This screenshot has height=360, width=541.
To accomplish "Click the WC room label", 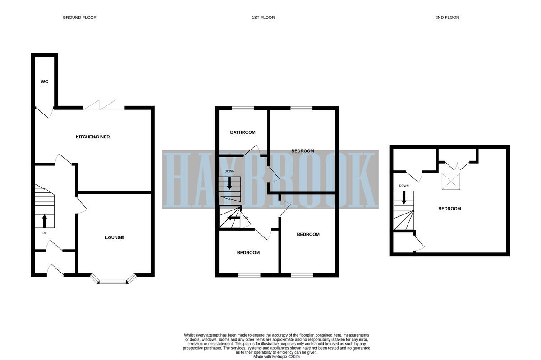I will tap(44, 82).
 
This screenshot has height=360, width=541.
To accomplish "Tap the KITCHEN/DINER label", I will tap(93, 137).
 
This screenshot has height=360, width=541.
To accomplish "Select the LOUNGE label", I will tap(115, 237).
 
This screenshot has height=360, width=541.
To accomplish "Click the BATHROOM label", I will tap(243, 132).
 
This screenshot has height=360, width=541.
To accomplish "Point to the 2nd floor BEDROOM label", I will tap(449, 209).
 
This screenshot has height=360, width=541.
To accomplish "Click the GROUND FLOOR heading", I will tap(79, 18).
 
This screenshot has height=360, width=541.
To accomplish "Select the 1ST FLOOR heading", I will tap(263, 18).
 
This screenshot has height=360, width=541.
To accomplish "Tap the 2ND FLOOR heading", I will tap(447, 18).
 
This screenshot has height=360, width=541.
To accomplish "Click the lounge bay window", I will tap(113, 282).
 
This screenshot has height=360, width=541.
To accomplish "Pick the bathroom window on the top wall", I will tap(243, 108).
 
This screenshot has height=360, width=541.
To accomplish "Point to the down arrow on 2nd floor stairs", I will tap(404, 197).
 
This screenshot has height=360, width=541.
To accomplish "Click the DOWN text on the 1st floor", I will tap(229, 171).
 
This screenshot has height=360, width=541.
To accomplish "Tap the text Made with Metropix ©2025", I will tap(276, 356).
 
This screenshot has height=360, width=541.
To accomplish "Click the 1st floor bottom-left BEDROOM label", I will tap(248, 253).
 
